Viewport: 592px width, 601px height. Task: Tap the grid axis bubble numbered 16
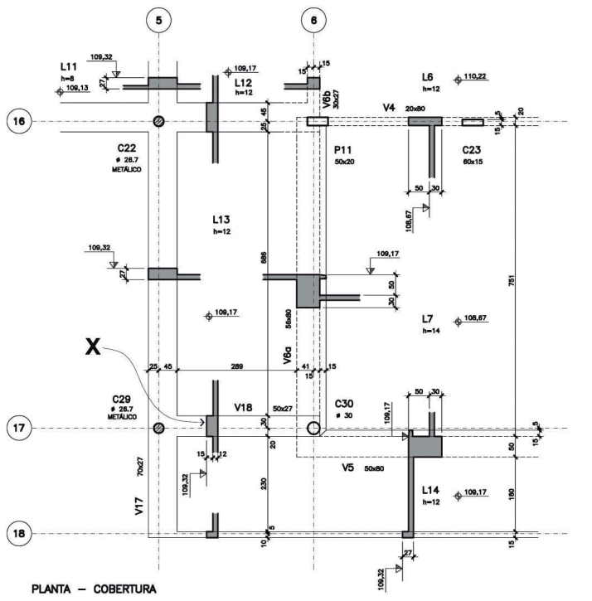pyautogui.click(x=20, y=121)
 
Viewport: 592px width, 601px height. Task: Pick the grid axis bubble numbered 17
pyautogui.click(x=20, y=429)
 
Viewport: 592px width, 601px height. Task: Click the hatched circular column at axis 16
pyautogui.click(x=158, y=121)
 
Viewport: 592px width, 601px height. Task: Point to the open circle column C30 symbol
pyautogui.click(x=313, y=428)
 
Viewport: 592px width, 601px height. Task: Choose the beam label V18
pyautogui.click(x=243, y=408)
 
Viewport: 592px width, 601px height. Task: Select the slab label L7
pyautogui.click(x=428, y=318)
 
